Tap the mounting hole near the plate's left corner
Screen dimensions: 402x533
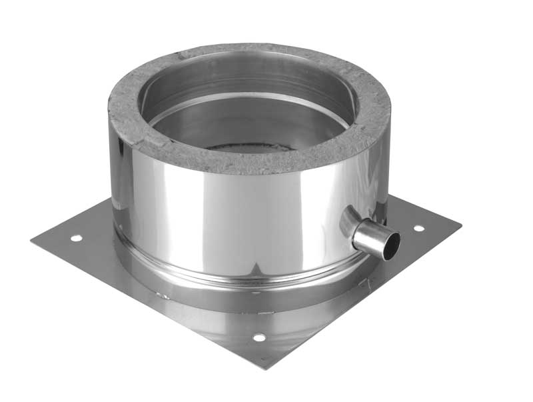(x=76, y=237)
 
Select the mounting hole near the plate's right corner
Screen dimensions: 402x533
(x=418, y=228)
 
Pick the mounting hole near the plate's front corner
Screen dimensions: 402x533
(x=259, y=338)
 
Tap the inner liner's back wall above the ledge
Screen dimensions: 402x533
(x=247, y=77)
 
